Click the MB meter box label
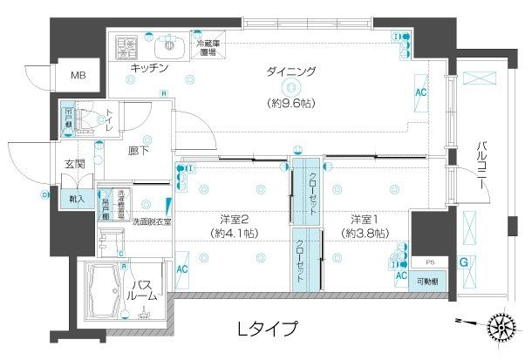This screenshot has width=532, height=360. click(x=78, y=76)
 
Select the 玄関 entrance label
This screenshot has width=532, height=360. click(x=74, y=163)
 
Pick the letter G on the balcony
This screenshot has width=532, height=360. click(x=465, y=262)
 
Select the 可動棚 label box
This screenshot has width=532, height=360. click(x=429, y=281)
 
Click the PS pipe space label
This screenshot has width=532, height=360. click(x=429, y=261)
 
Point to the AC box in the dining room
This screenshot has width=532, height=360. click(x=420, y=92)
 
